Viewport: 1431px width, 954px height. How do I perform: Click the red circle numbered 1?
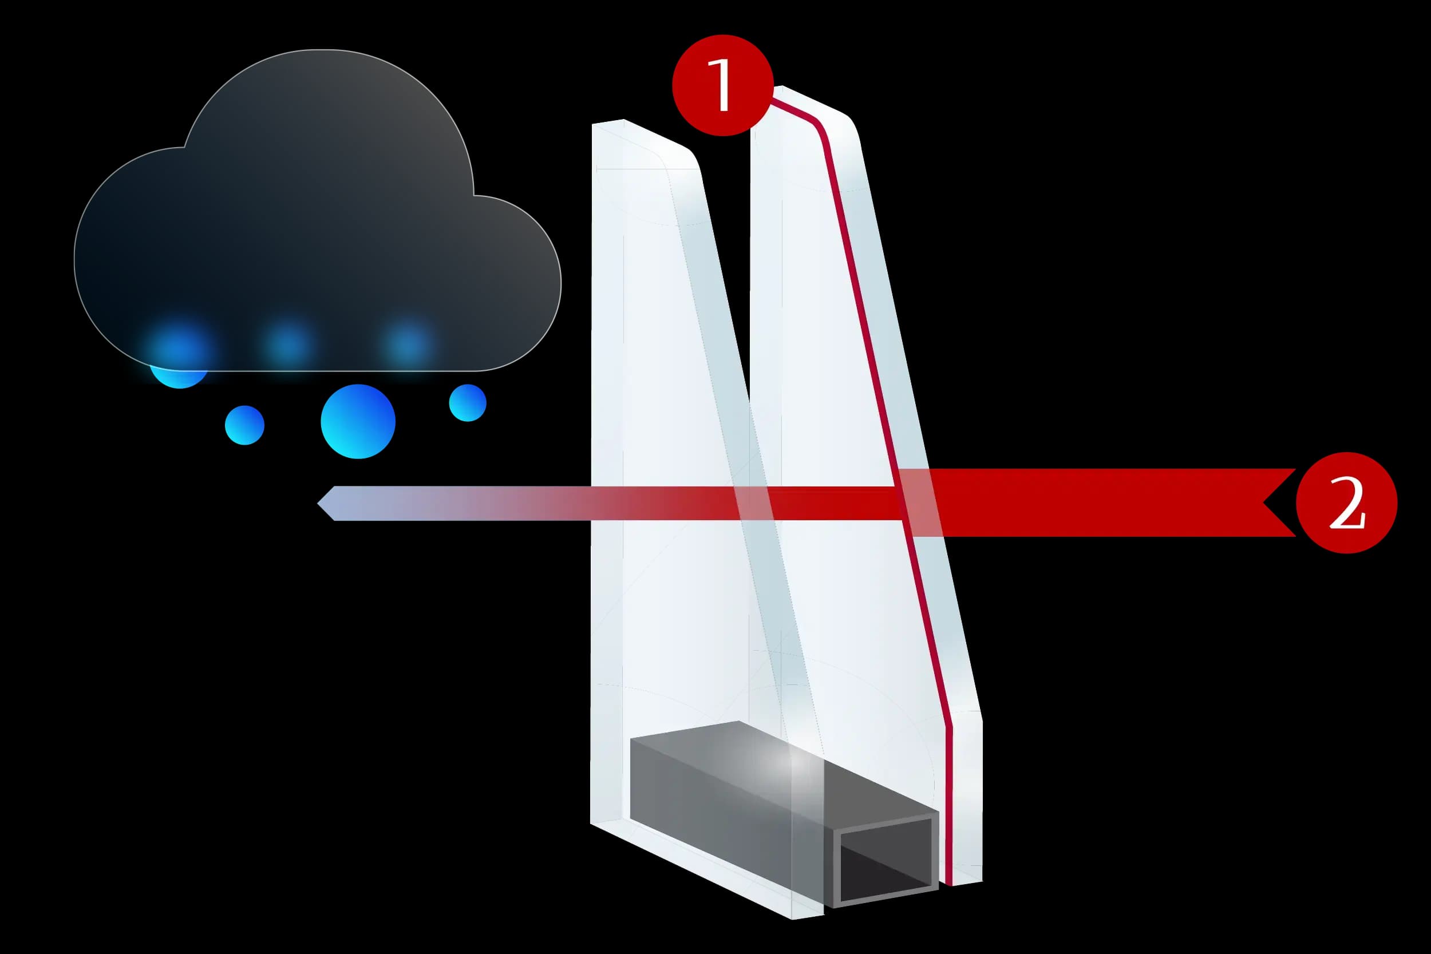722,85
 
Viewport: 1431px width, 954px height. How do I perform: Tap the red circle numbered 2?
1346,502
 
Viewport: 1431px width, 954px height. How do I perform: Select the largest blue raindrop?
358,421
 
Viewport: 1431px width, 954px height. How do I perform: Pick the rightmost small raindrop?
467,403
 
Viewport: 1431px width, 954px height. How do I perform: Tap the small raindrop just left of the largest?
244,425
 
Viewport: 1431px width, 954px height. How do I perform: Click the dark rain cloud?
317,213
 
